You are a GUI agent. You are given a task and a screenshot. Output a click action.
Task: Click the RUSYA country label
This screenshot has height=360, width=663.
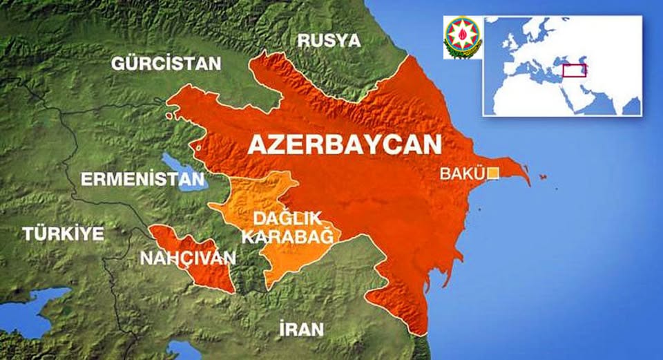329,40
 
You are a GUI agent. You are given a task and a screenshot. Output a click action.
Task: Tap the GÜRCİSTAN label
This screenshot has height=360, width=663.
166,64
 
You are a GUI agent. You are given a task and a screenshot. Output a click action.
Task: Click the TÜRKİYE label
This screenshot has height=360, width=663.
63,234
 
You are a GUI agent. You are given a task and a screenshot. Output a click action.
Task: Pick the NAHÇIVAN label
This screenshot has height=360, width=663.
187,258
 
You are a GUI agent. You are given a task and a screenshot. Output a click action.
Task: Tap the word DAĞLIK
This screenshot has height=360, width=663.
287,219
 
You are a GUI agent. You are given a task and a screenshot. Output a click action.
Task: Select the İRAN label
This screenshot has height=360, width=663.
301,329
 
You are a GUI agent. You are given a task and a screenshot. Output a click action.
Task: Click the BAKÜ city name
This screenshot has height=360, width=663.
462,173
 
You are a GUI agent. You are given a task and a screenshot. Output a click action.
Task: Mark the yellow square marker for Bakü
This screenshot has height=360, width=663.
492,173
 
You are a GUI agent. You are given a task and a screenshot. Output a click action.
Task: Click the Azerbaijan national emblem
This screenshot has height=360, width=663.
462,38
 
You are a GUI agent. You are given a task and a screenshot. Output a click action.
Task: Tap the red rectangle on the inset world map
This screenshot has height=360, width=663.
574,70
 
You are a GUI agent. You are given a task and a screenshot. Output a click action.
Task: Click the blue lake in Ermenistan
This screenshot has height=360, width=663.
185,173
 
